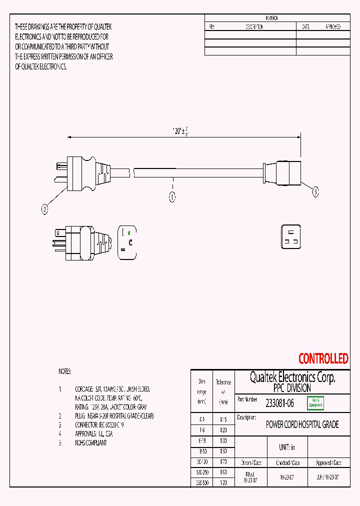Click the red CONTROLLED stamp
pyautogui.click(x=323, y=358)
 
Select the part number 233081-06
pyautogui.click(x=279, y=403)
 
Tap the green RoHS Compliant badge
pyautogui.click(x=315, y=403)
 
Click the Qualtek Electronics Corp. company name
pyautogui.click(x=292, y=377)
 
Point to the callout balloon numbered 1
pyautogui.click(x=172, y=197)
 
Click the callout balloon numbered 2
pyautogui.click(x=45, y=210)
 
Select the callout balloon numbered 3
pyautogui.click(x=315, y=191)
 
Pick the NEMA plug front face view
pyautogui.click(x=127, y=243)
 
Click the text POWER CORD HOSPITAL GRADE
pyautogui.click(x=302, y=424)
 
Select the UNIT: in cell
pyautogui.click(x=286, y=447)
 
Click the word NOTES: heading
pyautogui.click(x=65, y=371)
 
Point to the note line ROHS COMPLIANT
pyautogui.click(x=90, y=442)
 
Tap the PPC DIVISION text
pyautogui.click(x=292, y=388)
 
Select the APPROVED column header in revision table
pyautogui.click(x=333, y=27)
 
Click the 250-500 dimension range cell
pyautogui.click(x=201, y=482)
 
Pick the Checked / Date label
pyautogui.click(x=288, y=463)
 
